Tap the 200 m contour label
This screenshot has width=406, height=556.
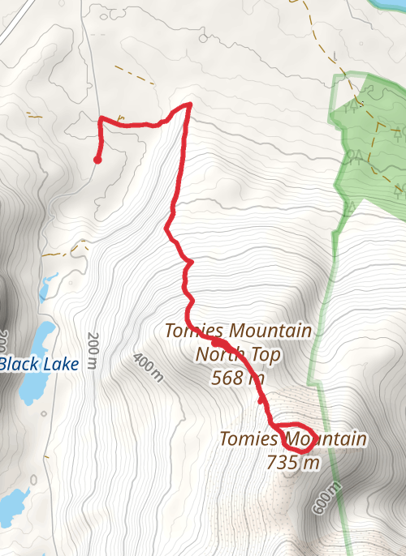93,350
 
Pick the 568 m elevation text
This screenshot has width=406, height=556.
237,377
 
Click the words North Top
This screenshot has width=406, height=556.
238,354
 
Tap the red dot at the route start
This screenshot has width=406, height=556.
97,160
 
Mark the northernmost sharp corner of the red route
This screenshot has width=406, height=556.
189,105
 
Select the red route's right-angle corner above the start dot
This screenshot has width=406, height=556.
100,120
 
